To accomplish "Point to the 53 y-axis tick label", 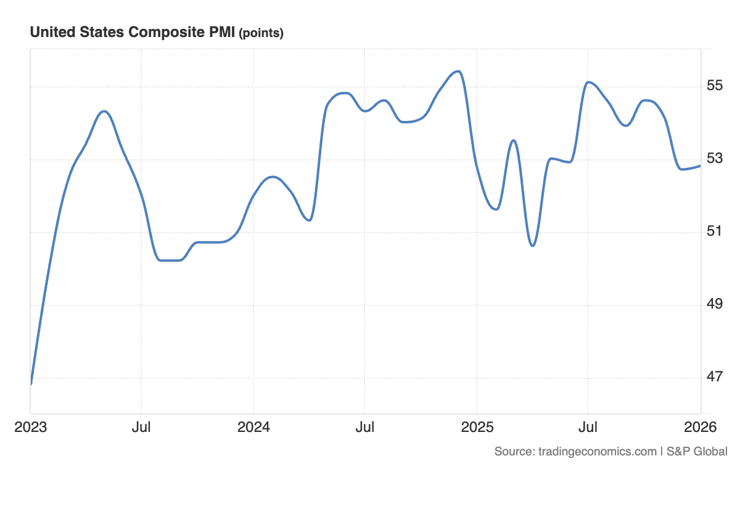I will tap(714, 158).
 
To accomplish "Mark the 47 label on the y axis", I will tap(714, 376).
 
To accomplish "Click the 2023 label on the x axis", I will tap(30, 427).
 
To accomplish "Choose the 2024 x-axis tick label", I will tap(253, 427).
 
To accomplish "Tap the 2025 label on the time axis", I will tap(476, 427).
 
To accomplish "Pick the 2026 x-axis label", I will tap(700, 427).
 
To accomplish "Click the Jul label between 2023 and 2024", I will tap(141, 427).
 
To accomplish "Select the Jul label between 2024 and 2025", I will tap(364, 427).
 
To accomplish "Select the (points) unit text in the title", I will tap(261, 33).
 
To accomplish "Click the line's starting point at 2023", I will tap(31, 383).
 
